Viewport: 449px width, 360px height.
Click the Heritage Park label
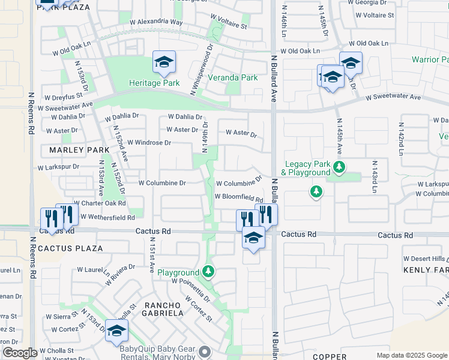[154, 83]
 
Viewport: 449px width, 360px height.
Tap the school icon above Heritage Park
[164, 62]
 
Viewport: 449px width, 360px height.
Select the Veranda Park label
[232, 77]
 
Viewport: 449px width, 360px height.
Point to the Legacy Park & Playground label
[307, 168]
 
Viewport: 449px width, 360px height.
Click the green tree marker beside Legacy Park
[339, 167]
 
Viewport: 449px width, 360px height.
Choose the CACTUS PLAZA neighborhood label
[70, 248]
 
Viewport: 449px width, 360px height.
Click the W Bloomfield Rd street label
[239, 198]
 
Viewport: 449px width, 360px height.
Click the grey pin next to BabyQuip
[205, 352]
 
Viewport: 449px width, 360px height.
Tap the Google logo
[20, 353]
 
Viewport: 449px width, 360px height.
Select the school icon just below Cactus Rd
[253, 238]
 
